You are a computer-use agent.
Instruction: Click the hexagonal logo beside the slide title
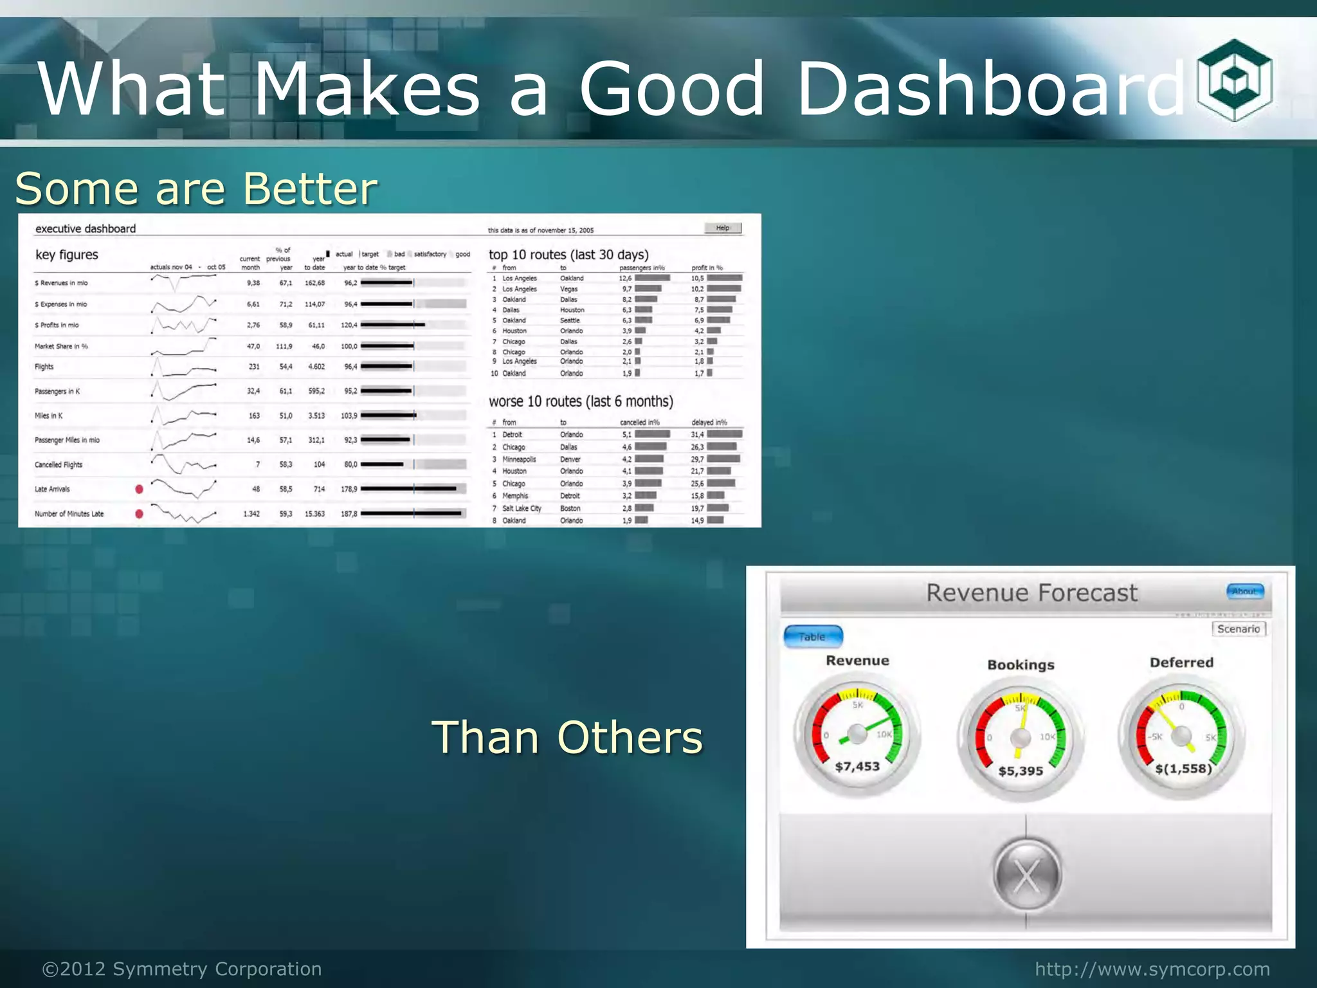coord(1234,80)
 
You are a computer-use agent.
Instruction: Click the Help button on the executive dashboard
coord(723,228)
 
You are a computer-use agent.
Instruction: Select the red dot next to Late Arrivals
coord(139,489)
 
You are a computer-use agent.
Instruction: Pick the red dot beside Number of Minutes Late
coord(139,514)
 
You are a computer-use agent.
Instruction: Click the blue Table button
coord(813,637)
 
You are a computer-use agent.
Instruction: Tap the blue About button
coord(1245,591)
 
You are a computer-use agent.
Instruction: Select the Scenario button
coord(1239,629)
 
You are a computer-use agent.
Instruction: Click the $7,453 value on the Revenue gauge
coord(857,766)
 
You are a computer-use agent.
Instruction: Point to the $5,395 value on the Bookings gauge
coord(1021,771)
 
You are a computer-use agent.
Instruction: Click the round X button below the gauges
coord(1026,876)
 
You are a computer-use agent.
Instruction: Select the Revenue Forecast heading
coord(1031,592)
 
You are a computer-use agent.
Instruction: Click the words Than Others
coord(567,737)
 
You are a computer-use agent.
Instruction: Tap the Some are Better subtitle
coord(196,188)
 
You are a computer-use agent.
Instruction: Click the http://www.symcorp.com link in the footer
coord(1152,969)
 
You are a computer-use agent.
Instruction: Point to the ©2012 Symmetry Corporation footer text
coord(182,969)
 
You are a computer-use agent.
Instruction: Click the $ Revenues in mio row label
coord(62,283)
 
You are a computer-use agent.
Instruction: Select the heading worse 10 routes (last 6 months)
coord(581,401)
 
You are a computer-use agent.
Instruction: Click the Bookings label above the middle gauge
coord(1021,665)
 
